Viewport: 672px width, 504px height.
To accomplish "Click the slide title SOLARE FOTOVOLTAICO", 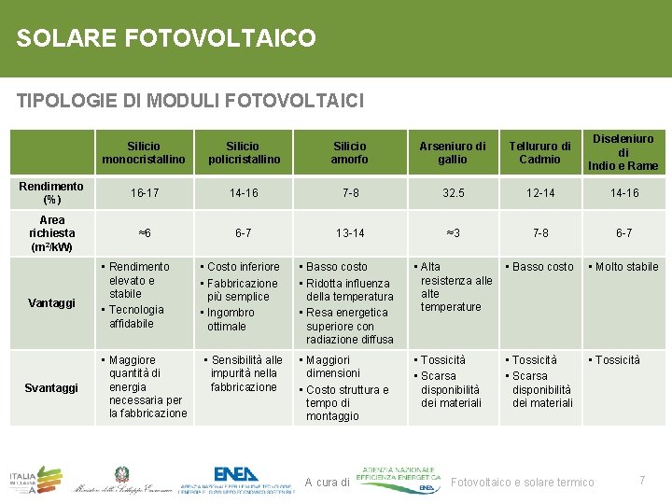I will tap(166, 38).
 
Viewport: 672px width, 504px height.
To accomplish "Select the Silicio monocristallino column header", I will tap(143, 153).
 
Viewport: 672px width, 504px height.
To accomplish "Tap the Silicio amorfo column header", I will tap(350, 153).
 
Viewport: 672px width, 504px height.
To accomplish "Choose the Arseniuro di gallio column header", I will tap(453, 153).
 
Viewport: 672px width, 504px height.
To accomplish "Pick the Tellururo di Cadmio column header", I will tap(539, 153).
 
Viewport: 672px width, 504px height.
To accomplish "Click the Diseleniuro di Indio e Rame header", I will tap(623, 152).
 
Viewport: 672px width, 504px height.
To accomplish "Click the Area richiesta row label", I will tap(51, 232).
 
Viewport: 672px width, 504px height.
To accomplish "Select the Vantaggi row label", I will tap(52, 303).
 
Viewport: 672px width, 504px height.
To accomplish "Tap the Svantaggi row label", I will tap(52, 387).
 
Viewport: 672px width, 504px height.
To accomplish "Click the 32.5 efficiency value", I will tap(453, 193).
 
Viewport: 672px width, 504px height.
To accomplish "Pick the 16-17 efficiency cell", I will tap(144, 193).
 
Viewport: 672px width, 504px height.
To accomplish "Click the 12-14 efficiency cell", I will tap(539, 193).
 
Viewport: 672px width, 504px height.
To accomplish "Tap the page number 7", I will tap(642, 480).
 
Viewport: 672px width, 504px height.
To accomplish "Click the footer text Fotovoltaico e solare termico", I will tap(522, 483).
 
